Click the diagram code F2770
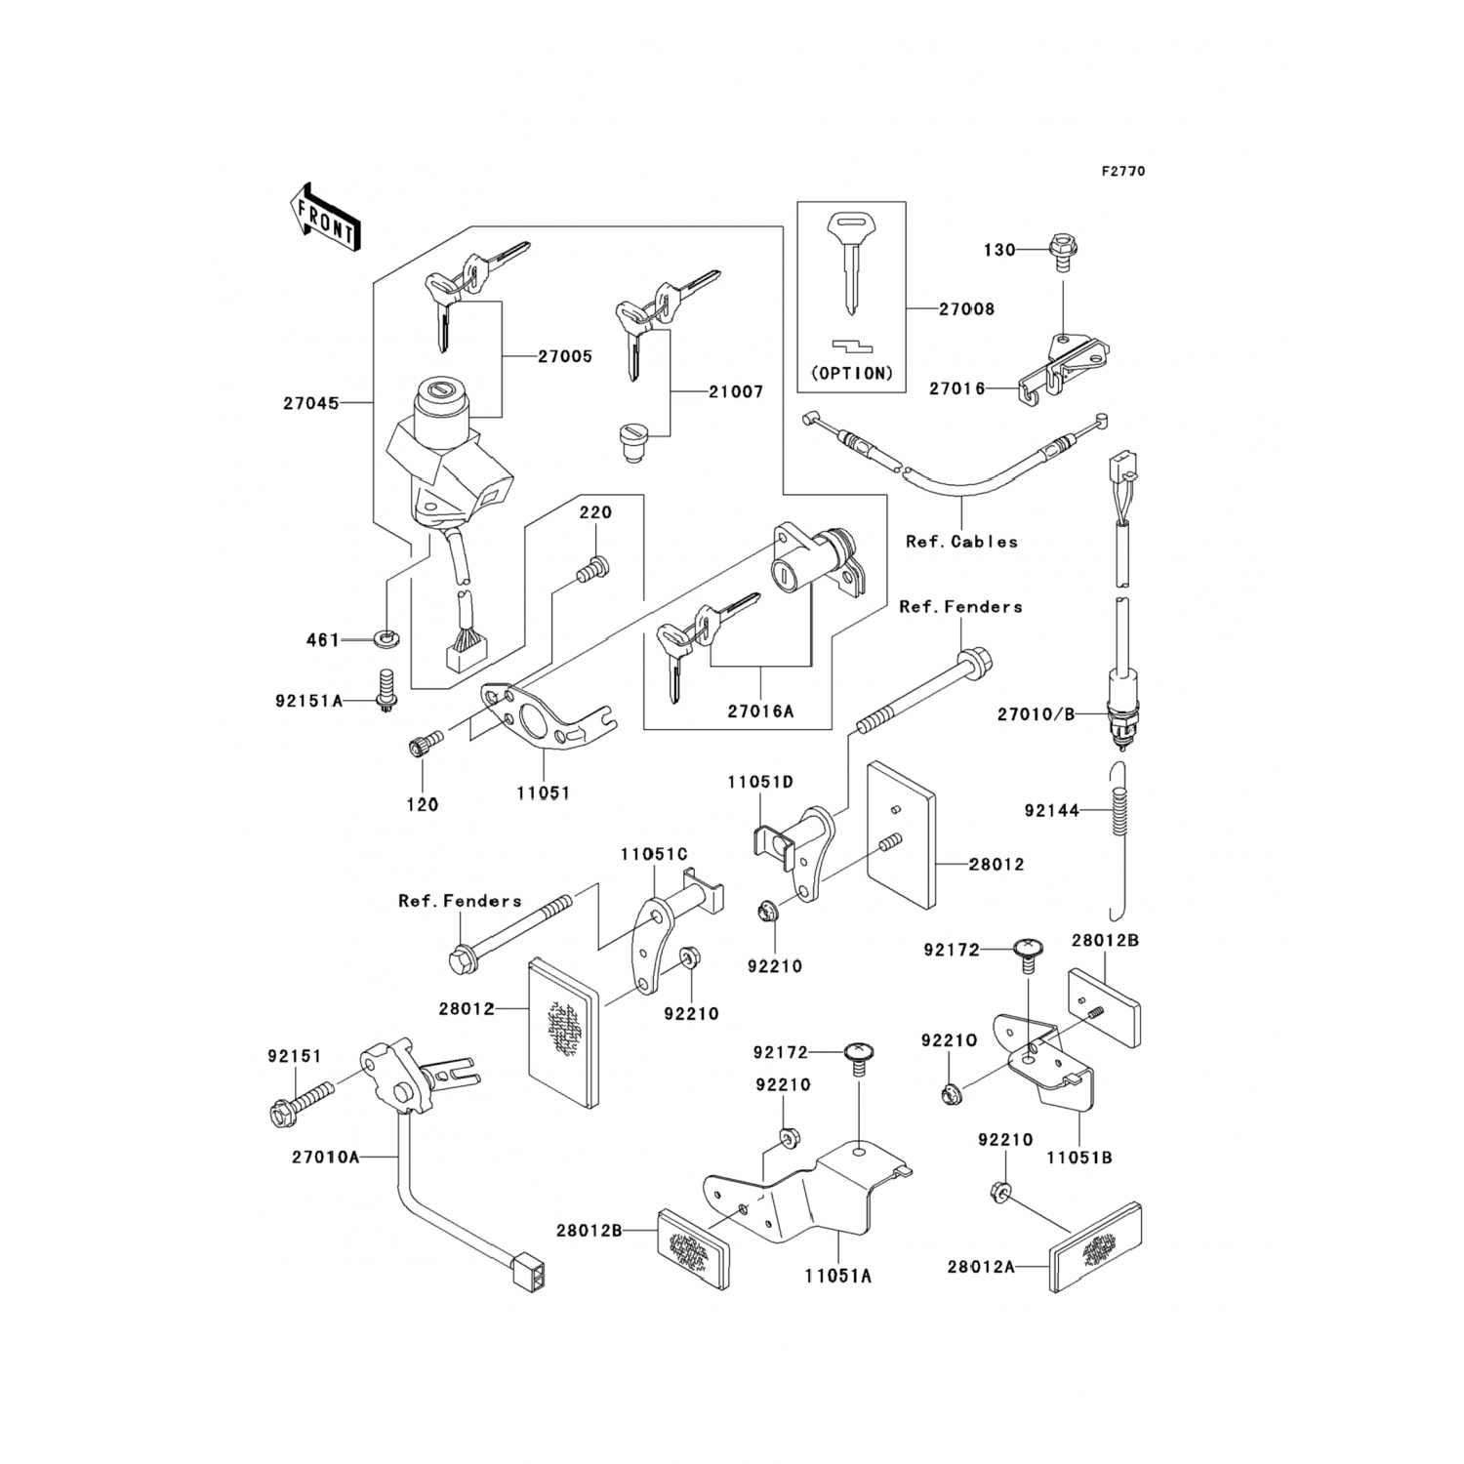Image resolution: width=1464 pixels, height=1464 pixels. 1122,171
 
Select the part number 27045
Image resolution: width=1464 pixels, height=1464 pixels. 311,402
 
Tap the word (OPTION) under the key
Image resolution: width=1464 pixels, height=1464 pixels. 852,373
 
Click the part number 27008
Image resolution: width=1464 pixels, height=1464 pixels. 966,309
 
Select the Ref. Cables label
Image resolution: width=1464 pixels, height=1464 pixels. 961,542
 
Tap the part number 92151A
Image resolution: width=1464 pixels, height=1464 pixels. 308,700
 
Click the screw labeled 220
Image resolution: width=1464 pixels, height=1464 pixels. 591,568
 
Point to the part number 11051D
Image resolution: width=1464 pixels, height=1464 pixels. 759,782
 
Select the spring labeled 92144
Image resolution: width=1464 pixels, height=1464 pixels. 1121,810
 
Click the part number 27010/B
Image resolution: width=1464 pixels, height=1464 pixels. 1036,714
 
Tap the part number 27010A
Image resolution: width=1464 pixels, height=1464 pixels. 325,1157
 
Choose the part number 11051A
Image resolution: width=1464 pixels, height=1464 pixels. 838,1275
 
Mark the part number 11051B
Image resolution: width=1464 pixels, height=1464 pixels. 1078,1158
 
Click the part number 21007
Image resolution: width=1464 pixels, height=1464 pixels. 736,391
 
